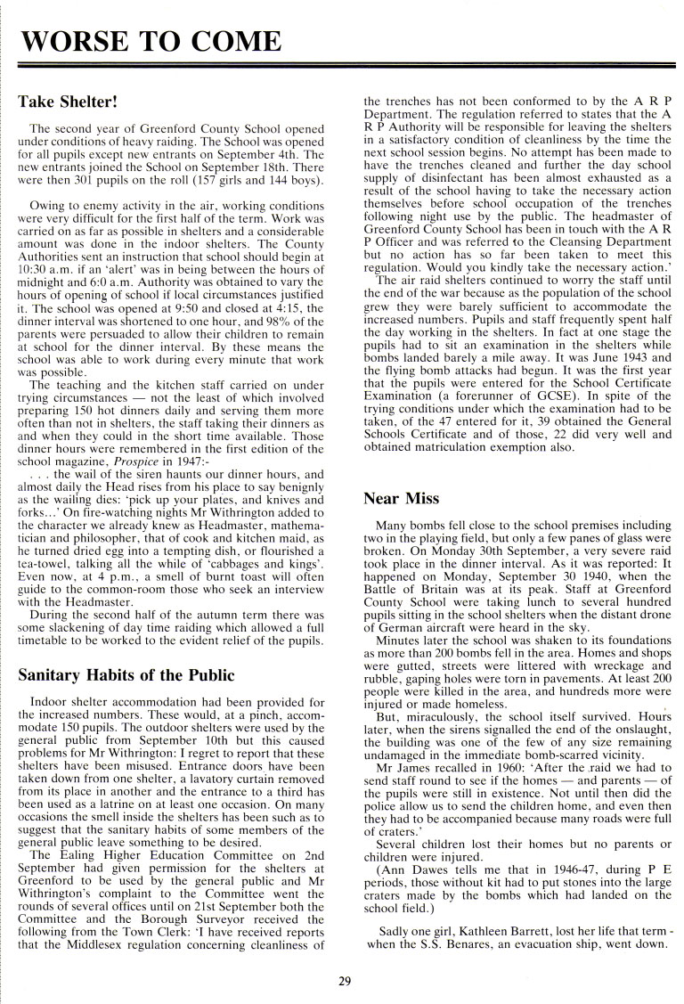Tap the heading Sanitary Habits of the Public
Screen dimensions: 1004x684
(x=126, y=673)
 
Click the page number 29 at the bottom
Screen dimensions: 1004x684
(x=345, y=981)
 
